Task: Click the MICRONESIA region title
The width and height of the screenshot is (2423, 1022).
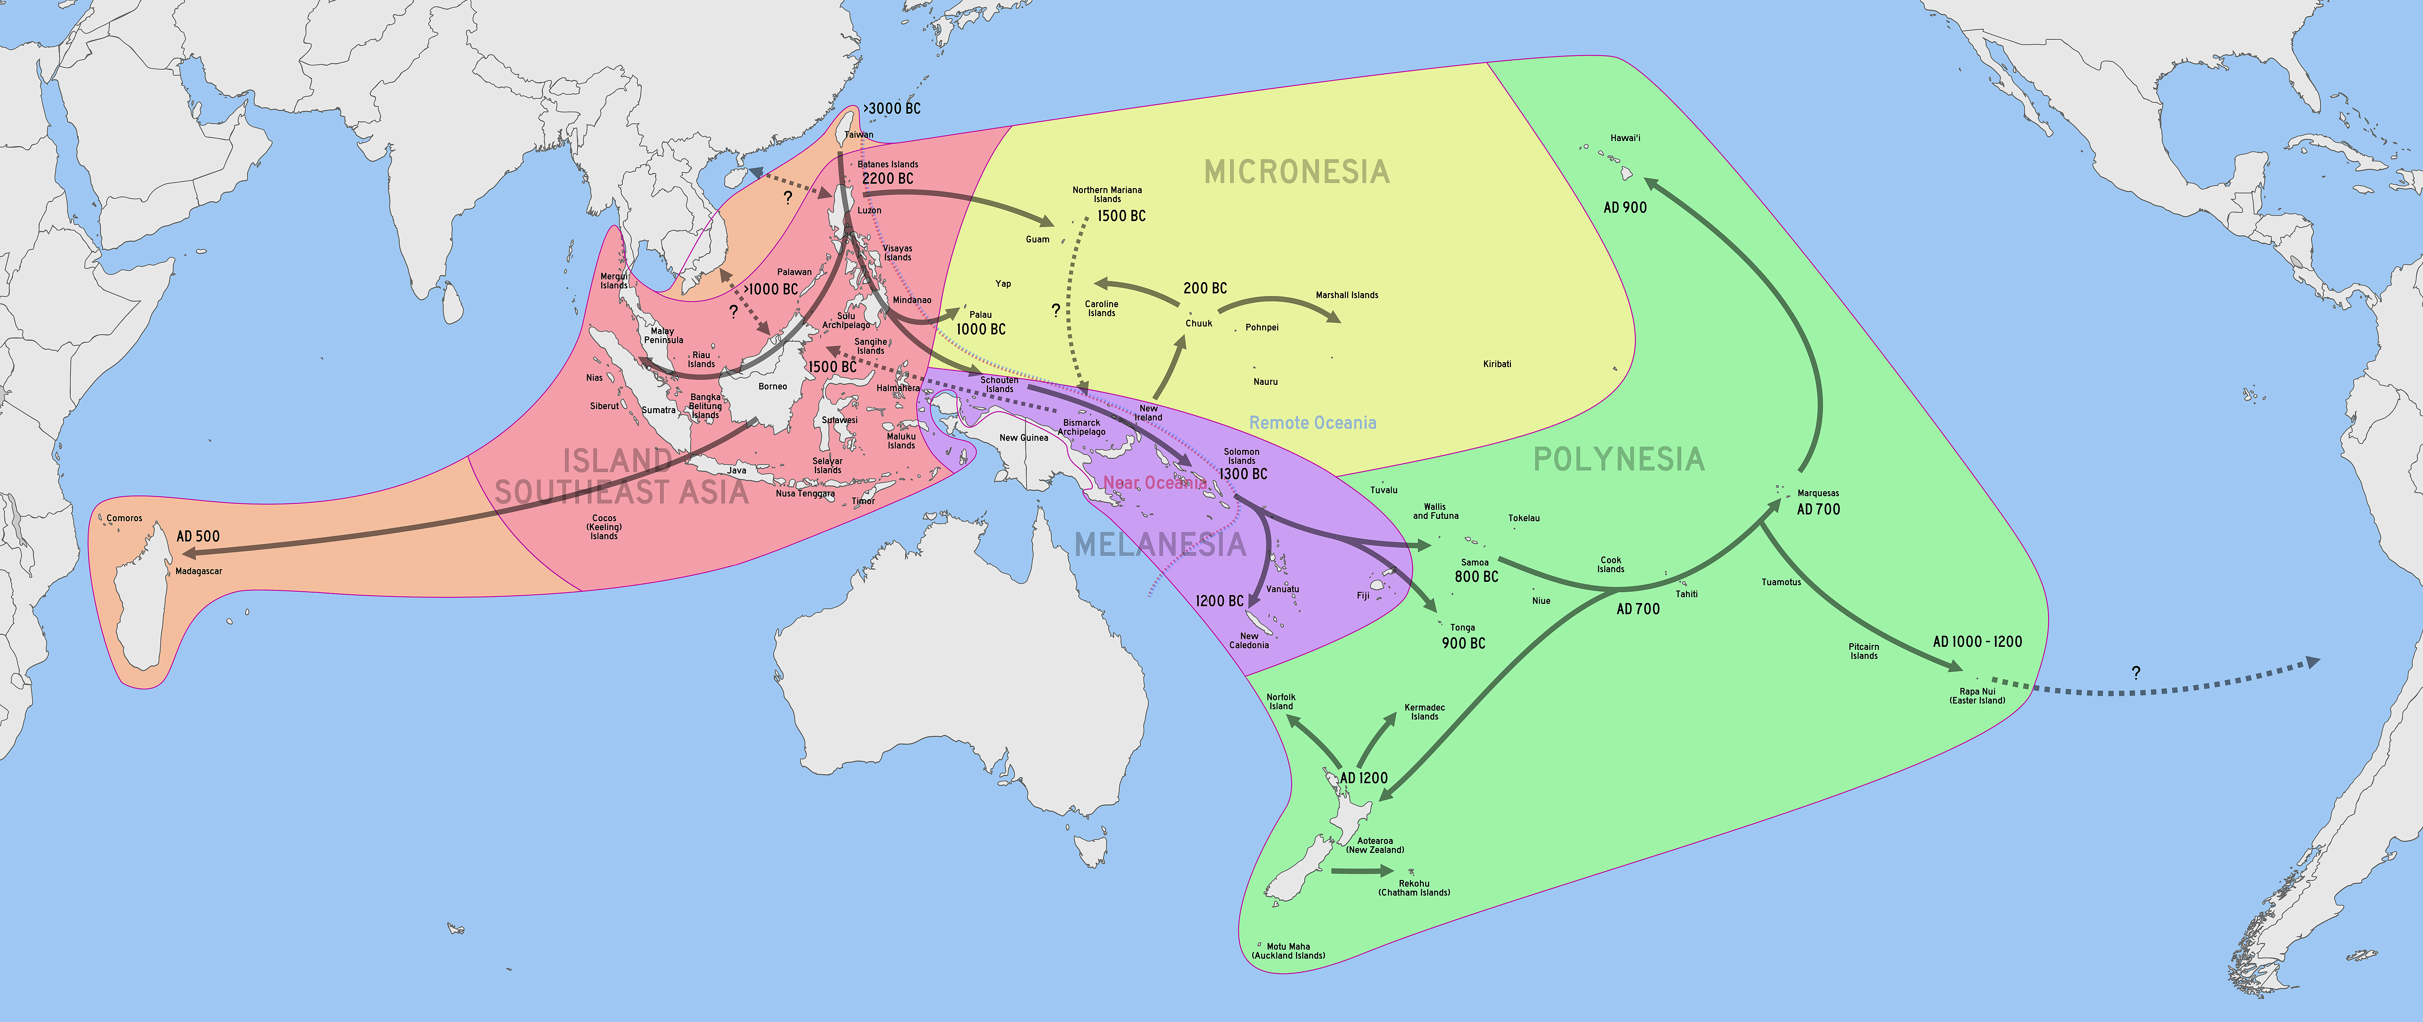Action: (1296, 172)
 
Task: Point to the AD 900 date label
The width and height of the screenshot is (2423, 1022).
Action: (1625, 207)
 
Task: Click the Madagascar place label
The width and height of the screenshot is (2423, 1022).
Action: (198, 571)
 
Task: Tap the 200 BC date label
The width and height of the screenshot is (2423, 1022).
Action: (1205, 288)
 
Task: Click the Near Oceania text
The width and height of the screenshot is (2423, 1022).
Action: (1154, 483)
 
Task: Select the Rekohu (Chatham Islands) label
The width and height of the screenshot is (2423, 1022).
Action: (1414, 887)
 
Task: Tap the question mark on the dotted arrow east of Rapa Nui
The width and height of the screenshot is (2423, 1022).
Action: (2136, 673)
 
